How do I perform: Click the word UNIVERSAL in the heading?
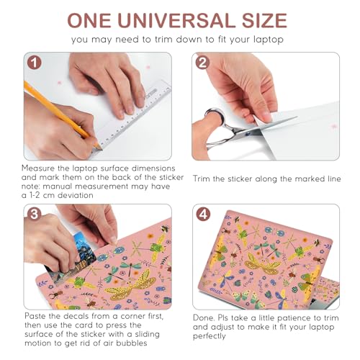pos(177,20)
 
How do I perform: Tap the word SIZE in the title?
pos(264,20)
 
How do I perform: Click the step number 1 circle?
pos(35,63)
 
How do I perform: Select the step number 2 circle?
pos(202,63)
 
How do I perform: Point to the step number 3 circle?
pos(35,215)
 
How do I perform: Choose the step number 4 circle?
pos(203,215)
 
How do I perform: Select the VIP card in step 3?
pos(72,259)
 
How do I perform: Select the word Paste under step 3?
pos(36,316)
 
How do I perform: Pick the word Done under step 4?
pos(204,318)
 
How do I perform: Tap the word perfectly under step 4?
pos(210,336)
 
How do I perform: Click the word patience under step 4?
pos(294,318)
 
